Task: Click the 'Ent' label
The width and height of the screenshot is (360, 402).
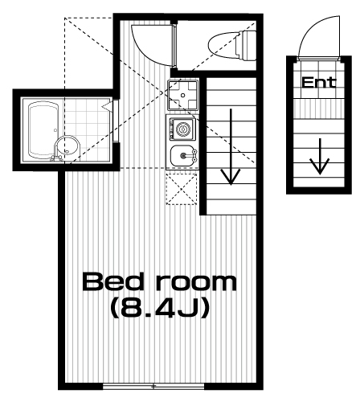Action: pyautogui.click(x=319, y=82)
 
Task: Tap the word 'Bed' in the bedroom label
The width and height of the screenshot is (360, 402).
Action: pyautogui.click(x=112, y=281)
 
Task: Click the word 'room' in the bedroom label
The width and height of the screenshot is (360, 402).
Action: pyautogui.click(x=196, y=284)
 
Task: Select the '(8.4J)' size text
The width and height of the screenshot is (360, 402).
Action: pyautogui.click(x=160, y=308)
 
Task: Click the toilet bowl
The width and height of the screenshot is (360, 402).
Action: pyautogui.click(x=223, y=45)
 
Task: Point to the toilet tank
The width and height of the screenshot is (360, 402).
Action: pyautogui.click(x=247, y=45)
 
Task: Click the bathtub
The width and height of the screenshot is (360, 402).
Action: pyautogui.click(x=43, y=130)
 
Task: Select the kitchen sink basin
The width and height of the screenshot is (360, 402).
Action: pyautogui.click(x=182, y=156)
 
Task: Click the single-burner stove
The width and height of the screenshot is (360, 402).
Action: pyautogui.click(x=182, y=129)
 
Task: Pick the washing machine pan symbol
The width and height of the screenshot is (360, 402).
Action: pyautogui.click(x=183, y=95)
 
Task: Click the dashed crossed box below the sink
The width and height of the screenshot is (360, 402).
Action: pyautogui.click(x=182, y=189)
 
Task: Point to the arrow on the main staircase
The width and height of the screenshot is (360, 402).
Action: pyautogui.click(x=231, y=147)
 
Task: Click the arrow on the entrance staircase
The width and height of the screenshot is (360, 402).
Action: pyautogui.click(x=320, y=157)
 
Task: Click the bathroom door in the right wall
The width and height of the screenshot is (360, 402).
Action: pyautogui.click(x=116, y=121)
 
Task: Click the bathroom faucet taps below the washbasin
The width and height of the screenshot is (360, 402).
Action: pyautogui.click(x=57, y=158)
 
